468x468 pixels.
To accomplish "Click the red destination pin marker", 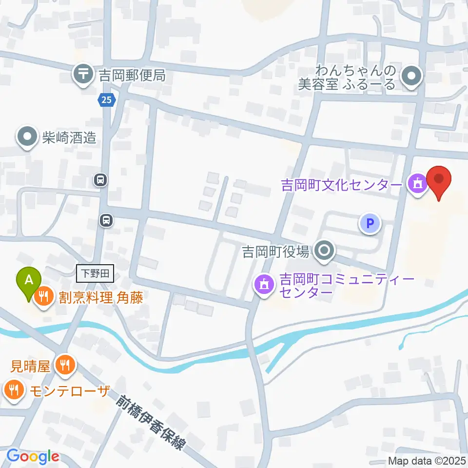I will (439, 181).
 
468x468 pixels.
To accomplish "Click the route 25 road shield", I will (106, 100).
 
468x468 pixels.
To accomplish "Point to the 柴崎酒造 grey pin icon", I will (27, 137).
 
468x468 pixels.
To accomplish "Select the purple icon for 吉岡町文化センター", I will (418, 185).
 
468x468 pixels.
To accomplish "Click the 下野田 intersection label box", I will (95, 273).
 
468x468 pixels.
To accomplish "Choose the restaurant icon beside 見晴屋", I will (64, 365).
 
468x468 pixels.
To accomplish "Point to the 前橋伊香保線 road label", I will (152, 422).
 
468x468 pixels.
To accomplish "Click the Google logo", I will (33, 456).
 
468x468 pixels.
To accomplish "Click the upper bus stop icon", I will (100, 180).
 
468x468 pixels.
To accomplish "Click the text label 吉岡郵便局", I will (132, 75).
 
